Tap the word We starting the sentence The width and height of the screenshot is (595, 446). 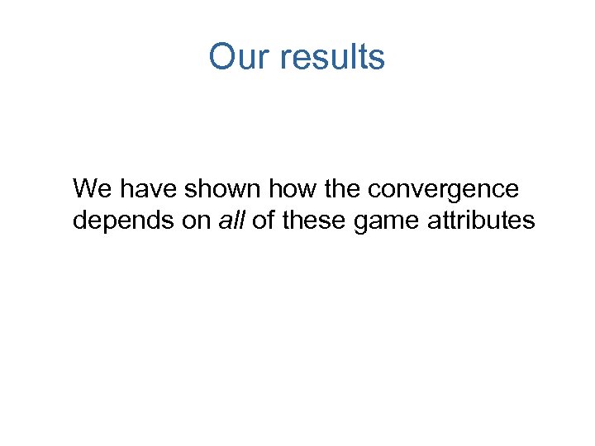[x=92, y=189]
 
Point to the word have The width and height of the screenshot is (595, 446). [x=149, y=189]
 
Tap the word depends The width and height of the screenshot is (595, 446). [x=121, y=222]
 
